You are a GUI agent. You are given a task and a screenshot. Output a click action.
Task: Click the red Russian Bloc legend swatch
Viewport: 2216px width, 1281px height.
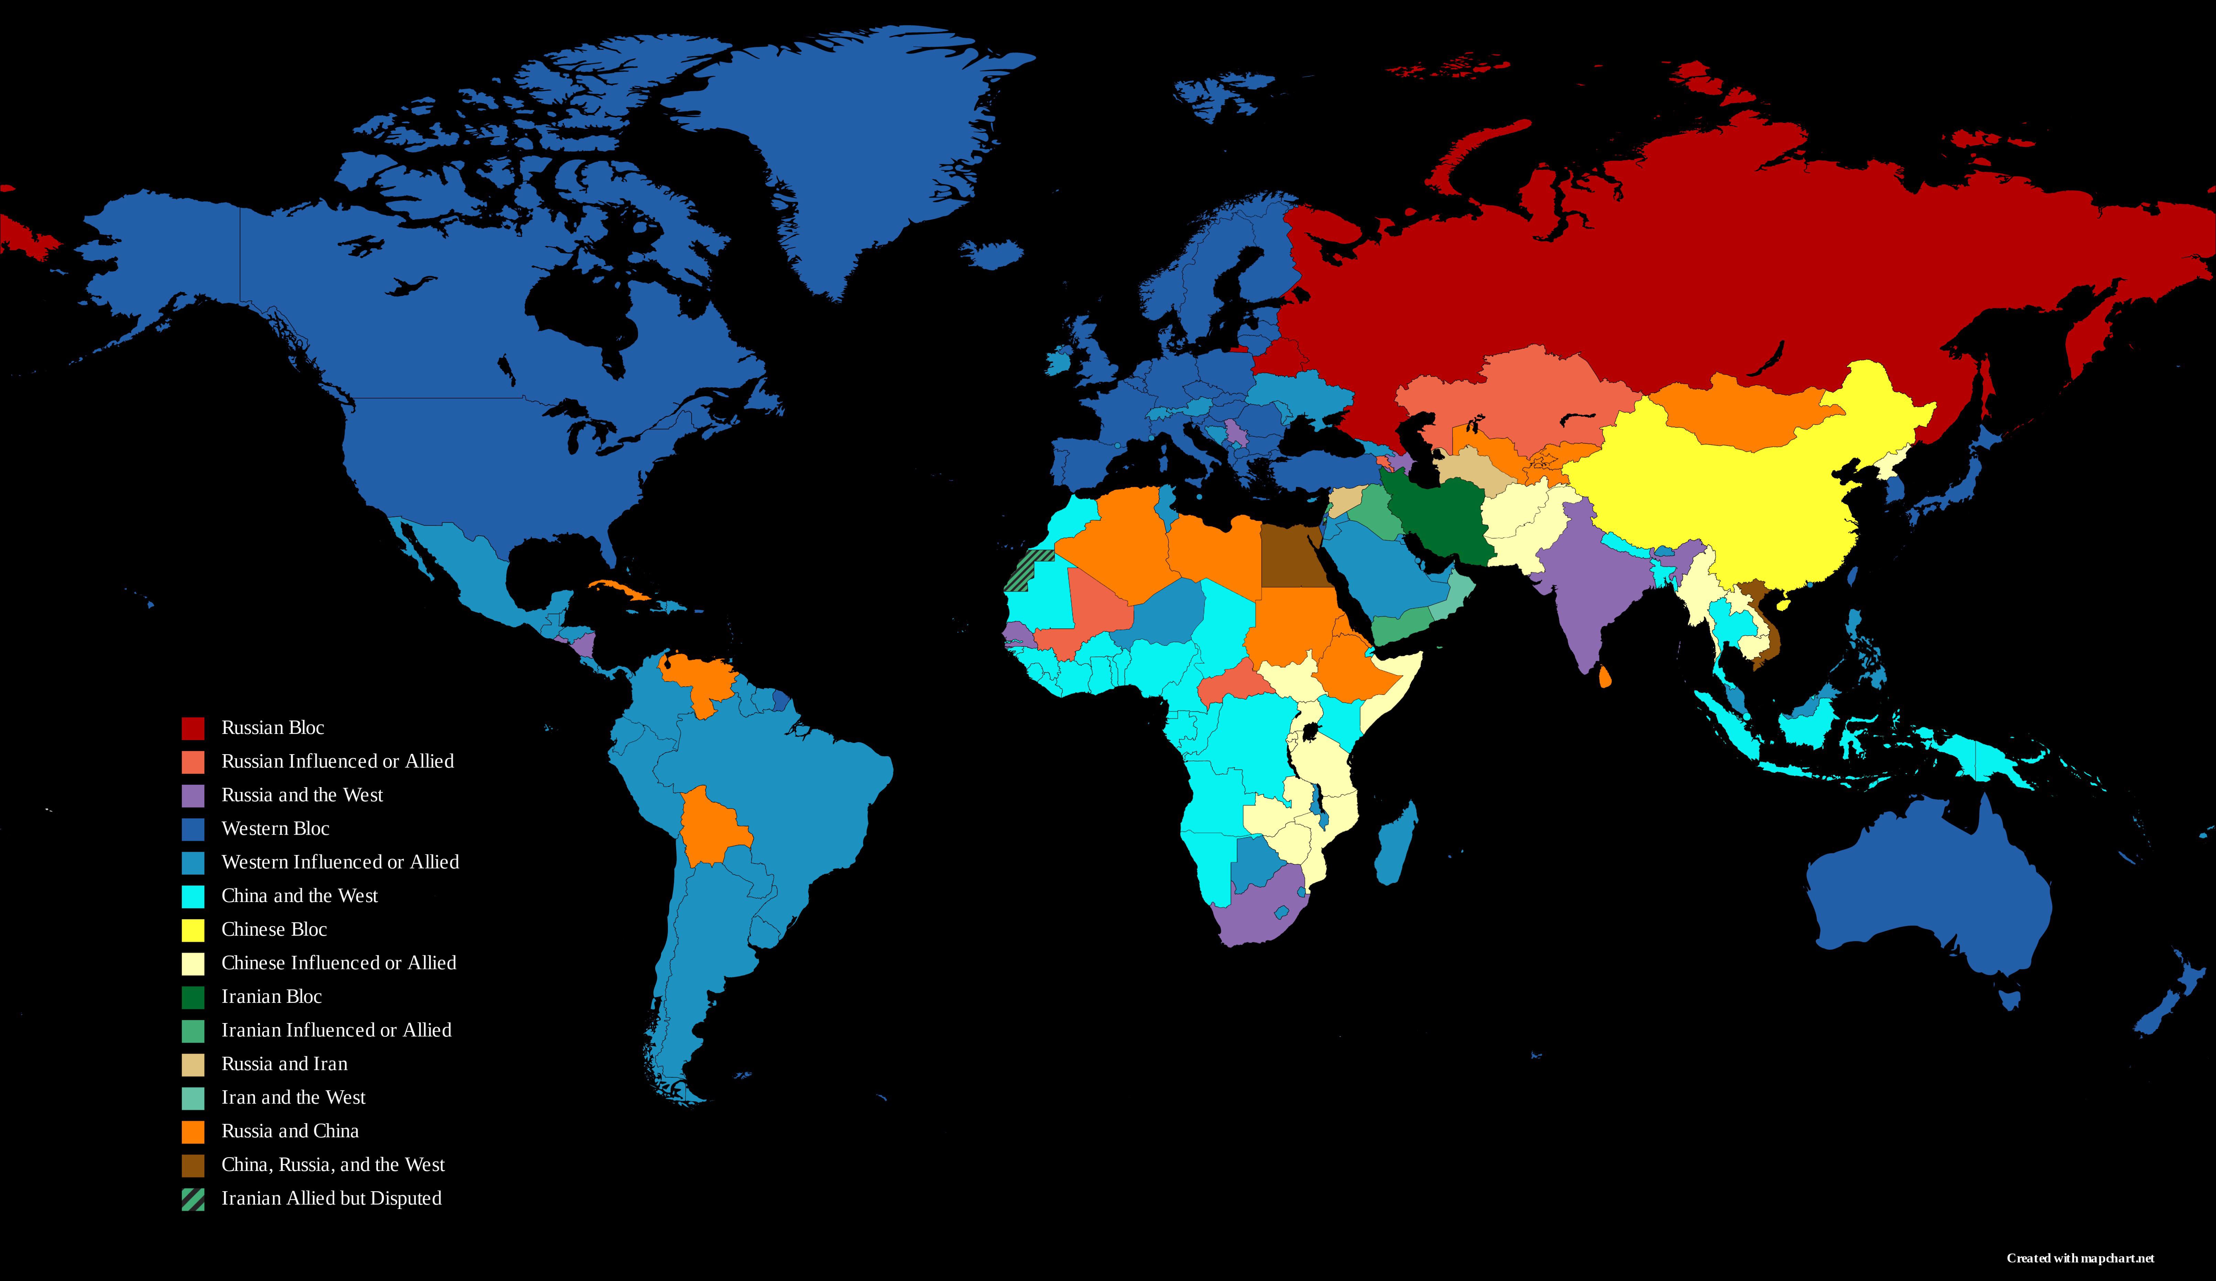click(193, 728)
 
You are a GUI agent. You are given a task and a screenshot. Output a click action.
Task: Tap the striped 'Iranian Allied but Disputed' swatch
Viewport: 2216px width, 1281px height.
click(193, 1199)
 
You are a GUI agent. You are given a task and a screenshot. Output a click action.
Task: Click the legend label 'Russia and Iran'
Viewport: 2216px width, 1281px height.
click(284, 1064)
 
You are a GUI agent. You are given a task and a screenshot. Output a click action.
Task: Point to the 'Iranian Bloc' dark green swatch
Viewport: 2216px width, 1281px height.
click(193, 997)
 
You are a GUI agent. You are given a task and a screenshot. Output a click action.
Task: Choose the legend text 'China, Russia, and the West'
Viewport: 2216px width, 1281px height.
click(332, 1165)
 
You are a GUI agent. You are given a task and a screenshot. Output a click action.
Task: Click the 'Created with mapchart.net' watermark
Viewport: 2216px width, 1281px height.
click(2080, 1258)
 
